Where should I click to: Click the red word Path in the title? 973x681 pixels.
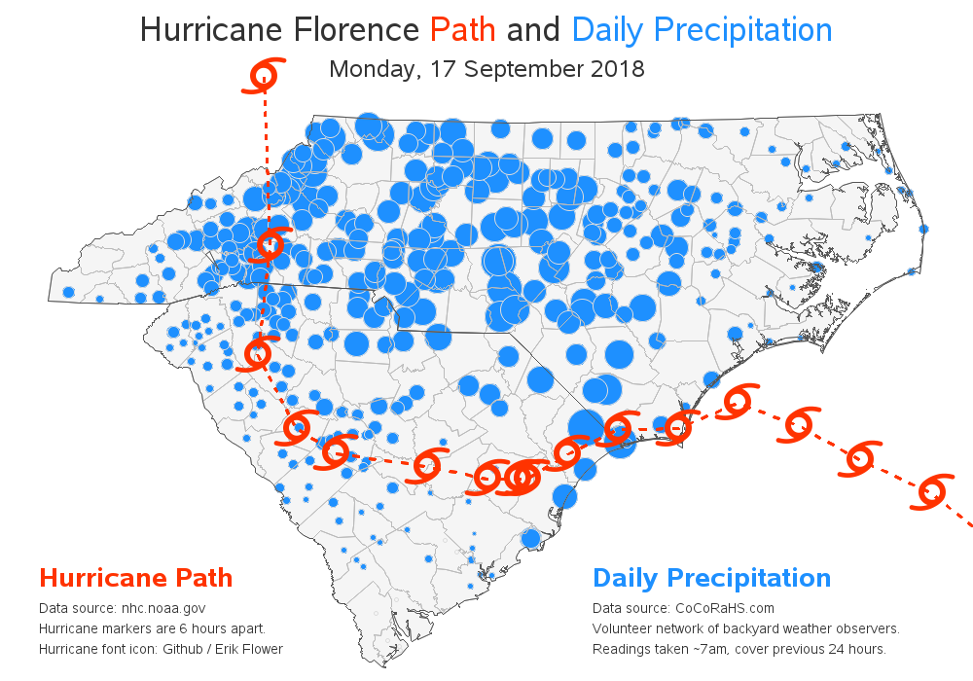point(463,30)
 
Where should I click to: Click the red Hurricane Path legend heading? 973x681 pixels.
point(135,578)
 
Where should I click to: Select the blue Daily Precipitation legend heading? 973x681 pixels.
point(711,578)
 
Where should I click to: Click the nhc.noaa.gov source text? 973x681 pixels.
point(163,608)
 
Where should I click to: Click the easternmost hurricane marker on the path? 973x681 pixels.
point(932,491)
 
